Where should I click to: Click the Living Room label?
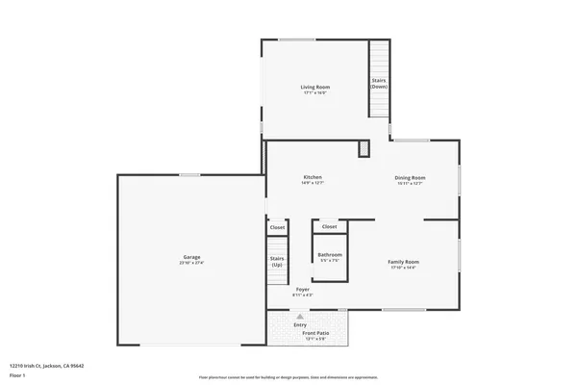pyautogui.click(x=315, y=87)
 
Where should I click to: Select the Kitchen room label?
pyautogui.click(x=313, y=177)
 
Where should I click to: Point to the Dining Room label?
pyautogui.click(x=410, y=177)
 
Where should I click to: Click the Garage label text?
pyautogui.click(x=192, y=256)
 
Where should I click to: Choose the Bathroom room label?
pyautogui.click(x=330, y=254)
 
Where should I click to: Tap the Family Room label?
pyautogui.click(x=404, y=261)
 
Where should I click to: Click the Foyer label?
pyautogui.click(x=302, y=289)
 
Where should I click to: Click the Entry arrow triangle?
pyautogui.click(x=300, y=317)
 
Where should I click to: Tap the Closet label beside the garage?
pyautogui.click(x=277, y=227)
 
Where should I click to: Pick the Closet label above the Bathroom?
pyautogui.click(x=329, y=227)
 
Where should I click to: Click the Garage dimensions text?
pyautogui.click(x=192, y=262)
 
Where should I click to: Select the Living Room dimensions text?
pyautogui.click(x=315, y=92)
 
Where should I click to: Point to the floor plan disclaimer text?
pyautogui.click(x=288, y=377)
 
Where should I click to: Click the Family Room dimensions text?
pyautogui.click(x=404, y=267)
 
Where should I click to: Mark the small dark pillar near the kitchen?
pyautogui.click(x=364, y=148)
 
